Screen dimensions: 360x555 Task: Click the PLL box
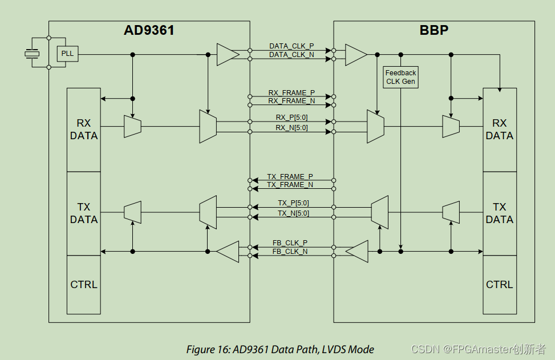click(x=67, y=54)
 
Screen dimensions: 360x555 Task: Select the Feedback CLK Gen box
click(x=400, y=77)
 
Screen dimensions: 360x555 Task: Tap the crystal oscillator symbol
click(x=32, y=54)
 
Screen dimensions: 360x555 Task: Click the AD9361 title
click(x=149, y=31)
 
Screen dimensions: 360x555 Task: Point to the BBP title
click(x=434, y=31)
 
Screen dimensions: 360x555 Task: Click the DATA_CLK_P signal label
click(x=291, y=46)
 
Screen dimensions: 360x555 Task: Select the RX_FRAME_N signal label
click(x=291, y=101)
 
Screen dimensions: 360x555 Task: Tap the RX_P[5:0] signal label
click(x=291, y=118)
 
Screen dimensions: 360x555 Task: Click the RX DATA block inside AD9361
click(x=84, y=130)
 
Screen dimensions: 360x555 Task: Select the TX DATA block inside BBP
click(x=499, y=213)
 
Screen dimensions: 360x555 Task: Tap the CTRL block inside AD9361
click(x=84, y=284)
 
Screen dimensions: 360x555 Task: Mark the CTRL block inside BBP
click(x=499, y=284)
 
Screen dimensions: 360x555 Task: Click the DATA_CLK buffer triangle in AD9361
click(x=227, y=55)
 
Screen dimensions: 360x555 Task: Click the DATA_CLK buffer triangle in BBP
click(x=356, y=55)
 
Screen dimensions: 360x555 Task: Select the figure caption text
click(x=280, y=349)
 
